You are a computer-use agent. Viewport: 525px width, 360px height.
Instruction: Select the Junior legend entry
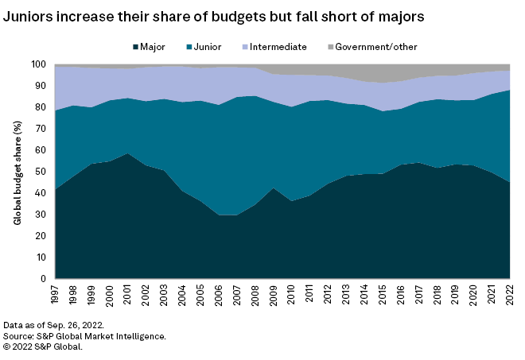pos(210,48)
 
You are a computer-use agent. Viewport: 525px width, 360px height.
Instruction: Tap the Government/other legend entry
pos(373,48)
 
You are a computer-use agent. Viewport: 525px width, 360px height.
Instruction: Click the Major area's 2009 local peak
pos(273,188)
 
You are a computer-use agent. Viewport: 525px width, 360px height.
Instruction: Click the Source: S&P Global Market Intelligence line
pos(85,336)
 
